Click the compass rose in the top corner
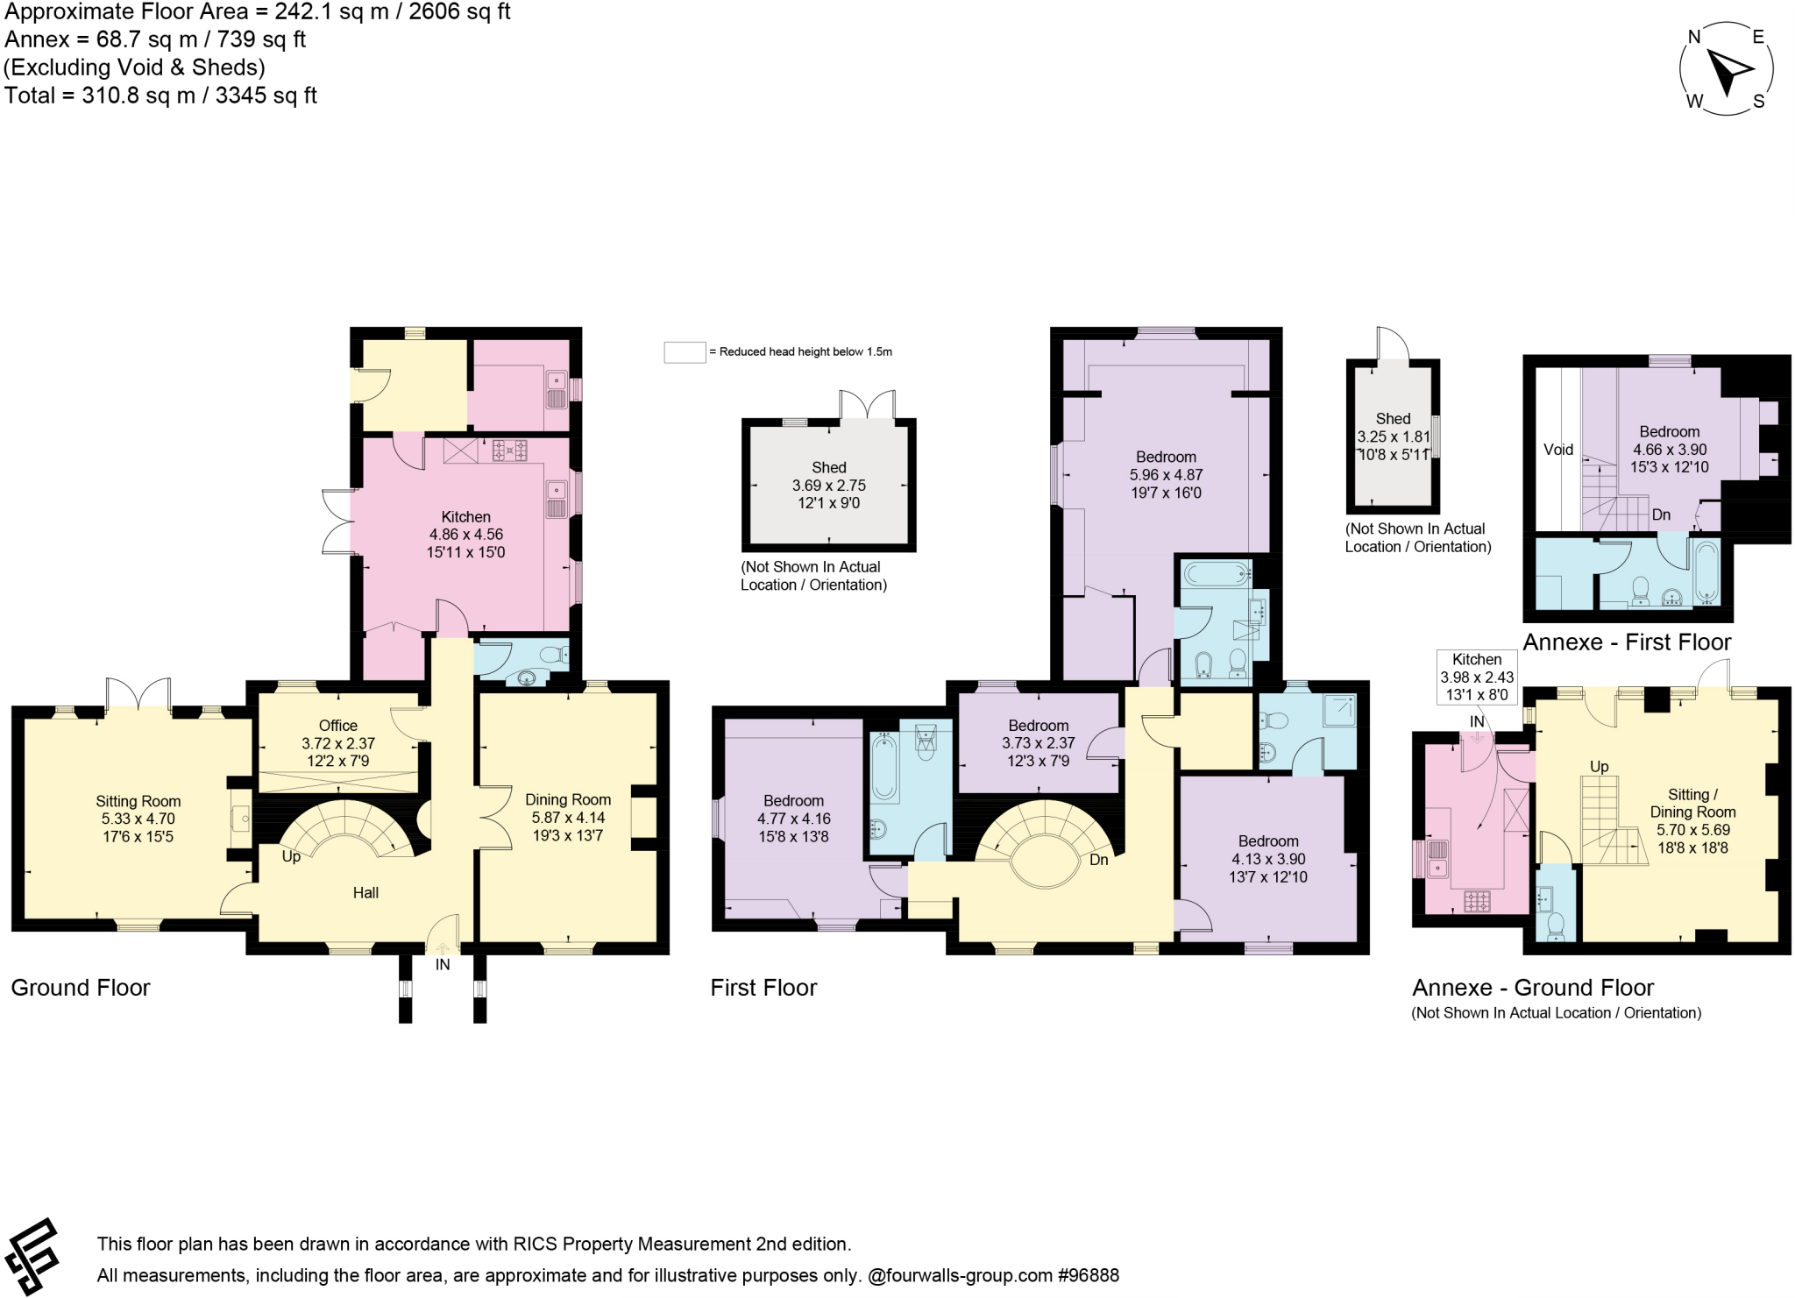1726,69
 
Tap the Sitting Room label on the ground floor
138,801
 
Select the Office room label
338,726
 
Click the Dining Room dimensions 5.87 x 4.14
568,818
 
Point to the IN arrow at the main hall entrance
442,947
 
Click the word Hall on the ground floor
365,893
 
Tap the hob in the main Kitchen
510,450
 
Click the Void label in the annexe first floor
1558,450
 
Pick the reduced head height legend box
685,352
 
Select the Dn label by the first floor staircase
1099,860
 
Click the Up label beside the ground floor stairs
291,856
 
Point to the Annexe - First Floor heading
1627,642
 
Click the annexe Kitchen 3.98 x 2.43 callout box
1477,677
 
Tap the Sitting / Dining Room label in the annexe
1692,803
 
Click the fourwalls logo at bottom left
32,1257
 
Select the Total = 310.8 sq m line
161,96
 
